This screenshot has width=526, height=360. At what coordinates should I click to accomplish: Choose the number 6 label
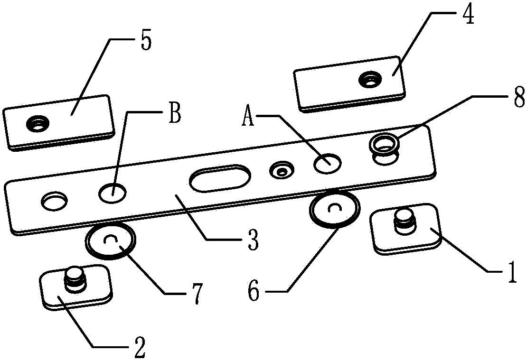(x=254, y=292)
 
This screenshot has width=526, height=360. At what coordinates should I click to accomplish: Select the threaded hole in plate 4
(x=368, y=79)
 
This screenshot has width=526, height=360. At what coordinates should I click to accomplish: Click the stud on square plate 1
(x=404, y=221)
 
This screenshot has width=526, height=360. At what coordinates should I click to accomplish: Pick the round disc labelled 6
(x=334, y=209)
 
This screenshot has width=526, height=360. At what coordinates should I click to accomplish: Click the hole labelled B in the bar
(x=113, y=193)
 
